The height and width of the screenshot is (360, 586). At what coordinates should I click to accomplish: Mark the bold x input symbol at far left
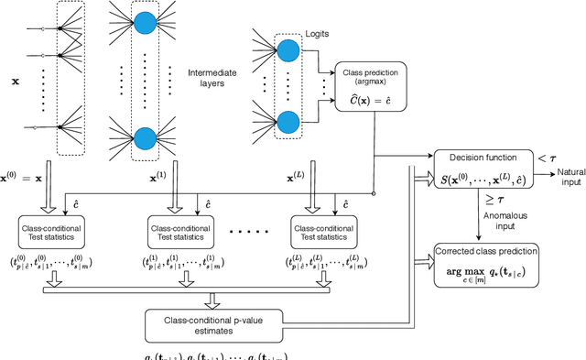point(14,81)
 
